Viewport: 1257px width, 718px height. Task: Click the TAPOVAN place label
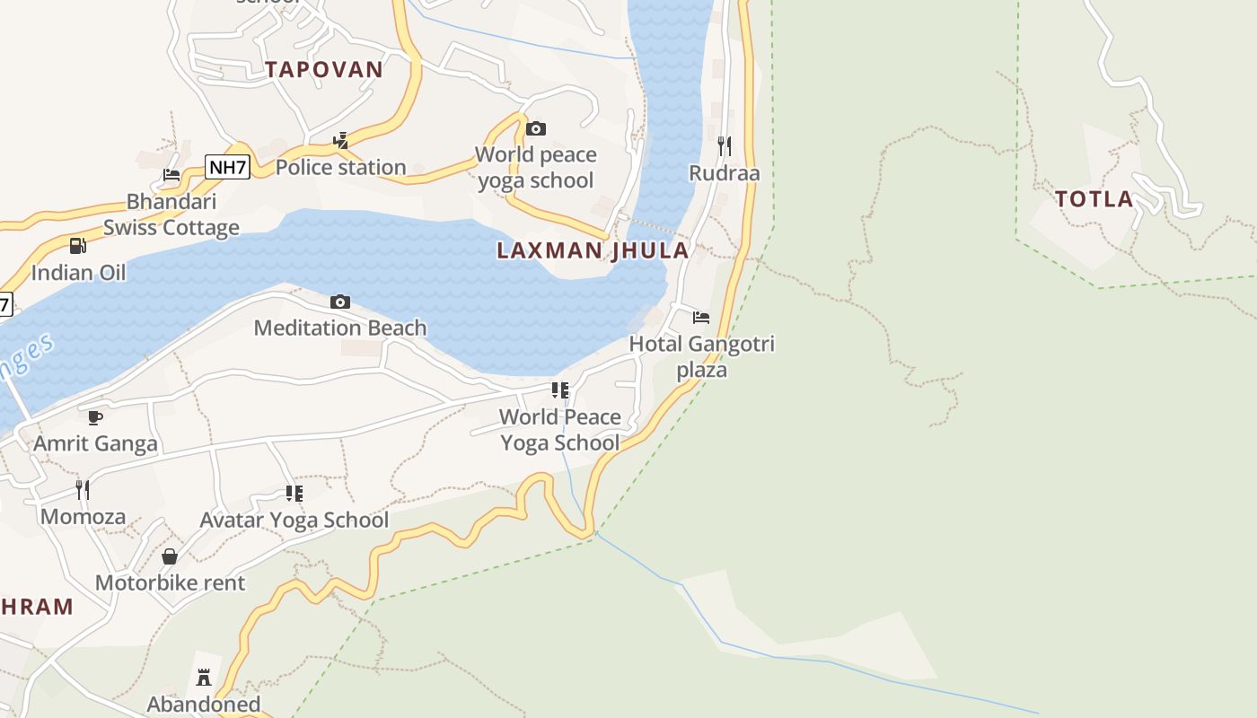click(324, 69)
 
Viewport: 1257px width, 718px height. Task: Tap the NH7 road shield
click(227, 167)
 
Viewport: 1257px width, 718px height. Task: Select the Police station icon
click(340, 140)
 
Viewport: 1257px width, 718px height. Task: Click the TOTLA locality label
click(1094, 199)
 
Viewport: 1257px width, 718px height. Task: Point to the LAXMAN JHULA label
click(593, 250)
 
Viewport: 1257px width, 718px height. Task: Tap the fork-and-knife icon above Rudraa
click(725, 145)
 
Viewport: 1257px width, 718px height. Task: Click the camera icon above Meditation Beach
click(340, 302)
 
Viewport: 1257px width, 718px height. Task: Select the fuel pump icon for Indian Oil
click(78, 246)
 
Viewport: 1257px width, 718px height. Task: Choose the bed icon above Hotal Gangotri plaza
click(701, 318)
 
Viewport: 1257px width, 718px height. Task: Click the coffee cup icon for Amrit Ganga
click(95, 417)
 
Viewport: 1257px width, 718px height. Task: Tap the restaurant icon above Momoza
click(83, 490)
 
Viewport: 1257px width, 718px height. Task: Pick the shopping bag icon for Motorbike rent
click(170, 557)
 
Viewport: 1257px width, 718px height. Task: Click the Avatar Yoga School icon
click(294, 494)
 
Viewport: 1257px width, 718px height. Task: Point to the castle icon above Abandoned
click(204, 678)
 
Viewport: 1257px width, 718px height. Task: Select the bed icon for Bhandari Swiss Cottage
click(171, 175)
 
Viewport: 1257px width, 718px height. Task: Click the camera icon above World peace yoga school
click(536, 129)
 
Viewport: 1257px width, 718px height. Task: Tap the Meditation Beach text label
click(340, 328)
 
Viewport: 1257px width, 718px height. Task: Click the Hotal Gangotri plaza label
click(701, 356)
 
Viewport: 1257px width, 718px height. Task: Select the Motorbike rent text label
click(170, 583)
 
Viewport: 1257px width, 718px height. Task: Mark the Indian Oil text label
click(79, 272)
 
